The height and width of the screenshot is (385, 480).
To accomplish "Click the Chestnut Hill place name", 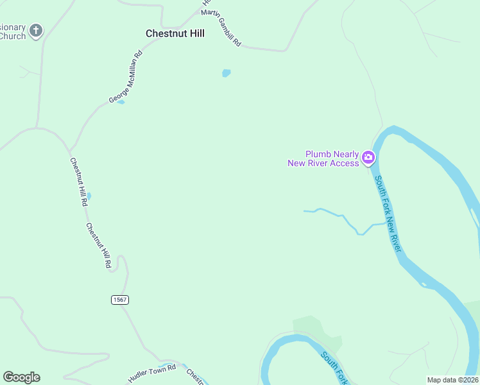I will click(175, 33).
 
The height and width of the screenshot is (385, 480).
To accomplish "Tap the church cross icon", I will click(36, 30).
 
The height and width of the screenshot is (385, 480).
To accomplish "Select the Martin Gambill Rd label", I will click(221, 28).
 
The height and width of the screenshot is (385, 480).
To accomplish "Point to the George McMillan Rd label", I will click(125, 77).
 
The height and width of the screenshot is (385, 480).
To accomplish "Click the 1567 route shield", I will click(119, 300).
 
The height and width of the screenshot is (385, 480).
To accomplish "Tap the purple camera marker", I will click(368, 157).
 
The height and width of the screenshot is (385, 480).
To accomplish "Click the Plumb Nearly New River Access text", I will click(323, 158).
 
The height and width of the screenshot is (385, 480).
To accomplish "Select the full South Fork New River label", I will click(388, 213).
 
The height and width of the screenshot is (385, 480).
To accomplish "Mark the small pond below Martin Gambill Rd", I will click(226, 73).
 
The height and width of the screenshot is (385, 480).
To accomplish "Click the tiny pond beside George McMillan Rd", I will click(121, 102).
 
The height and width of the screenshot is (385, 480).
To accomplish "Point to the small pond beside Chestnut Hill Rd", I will click(89, 196).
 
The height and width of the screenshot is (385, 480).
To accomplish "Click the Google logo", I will click(21, 377).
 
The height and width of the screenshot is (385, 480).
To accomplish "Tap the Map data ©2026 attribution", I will click(452, 380).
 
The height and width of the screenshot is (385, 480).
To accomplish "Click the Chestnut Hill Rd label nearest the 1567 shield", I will click(99, 245).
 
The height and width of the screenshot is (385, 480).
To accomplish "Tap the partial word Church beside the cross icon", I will click(13, 36).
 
